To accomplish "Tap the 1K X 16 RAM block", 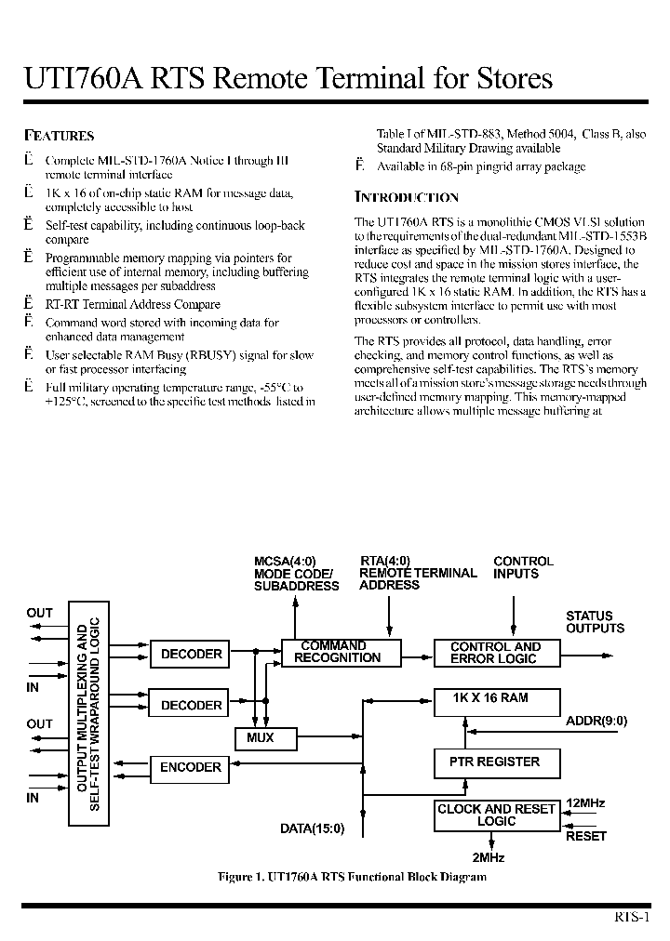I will click(497, 702).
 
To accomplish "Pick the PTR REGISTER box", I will click(497, 762).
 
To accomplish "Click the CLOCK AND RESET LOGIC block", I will click(497, 815).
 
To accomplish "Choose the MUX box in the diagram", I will click(265, 738).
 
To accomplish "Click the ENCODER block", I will click(190, 767).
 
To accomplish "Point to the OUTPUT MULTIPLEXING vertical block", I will click(88, 713).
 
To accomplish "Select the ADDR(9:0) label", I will click(596, 721).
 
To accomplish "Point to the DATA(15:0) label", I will click(313, 828).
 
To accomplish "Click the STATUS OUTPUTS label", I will click(595, 621).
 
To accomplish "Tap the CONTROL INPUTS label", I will click(522, 567).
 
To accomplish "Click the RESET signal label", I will click(586, 836).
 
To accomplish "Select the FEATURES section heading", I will click(59, 136).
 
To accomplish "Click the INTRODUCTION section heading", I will click(407, 197).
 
